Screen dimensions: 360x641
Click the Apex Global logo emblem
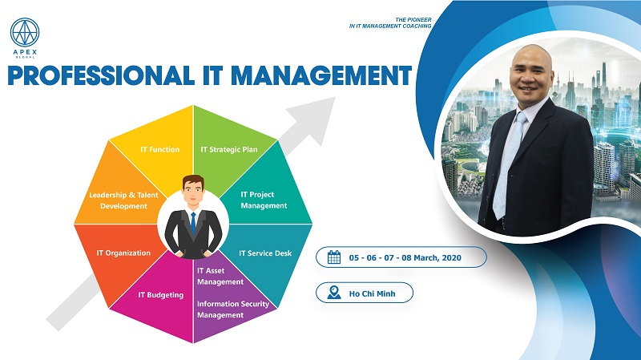click(x=25, y=33)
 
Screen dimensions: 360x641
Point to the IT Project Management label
click(x=264, y=200)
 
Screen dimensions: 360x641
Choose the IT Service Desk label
click(x=265, y=253)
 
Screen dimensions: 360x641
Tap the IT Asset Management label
click(x=220, y=276)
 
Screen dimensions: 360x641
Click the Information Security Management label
click(x=232, y=309)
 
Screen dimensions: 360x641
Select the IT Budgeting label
click(x=160, y=294)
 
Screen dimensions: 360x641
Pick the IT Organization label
click(x=123, y=253)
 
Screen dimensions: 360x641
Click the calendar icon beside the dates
click(x=335, y=257)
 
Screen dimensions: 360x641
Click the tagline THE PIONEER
click(x=412, y=17)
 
